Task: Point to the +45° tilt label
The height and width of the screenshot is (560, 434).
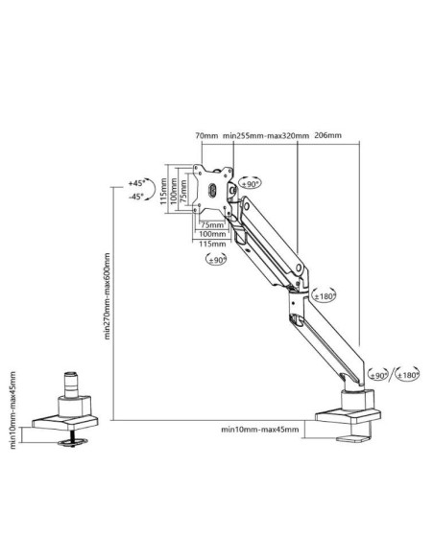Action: pos(136,182)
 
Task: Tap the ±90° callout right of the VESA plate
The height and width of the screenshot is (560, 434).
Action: pos(251,183)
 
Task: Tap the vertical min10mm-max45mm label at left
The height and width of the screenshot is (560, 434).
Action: pos(12,410)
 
